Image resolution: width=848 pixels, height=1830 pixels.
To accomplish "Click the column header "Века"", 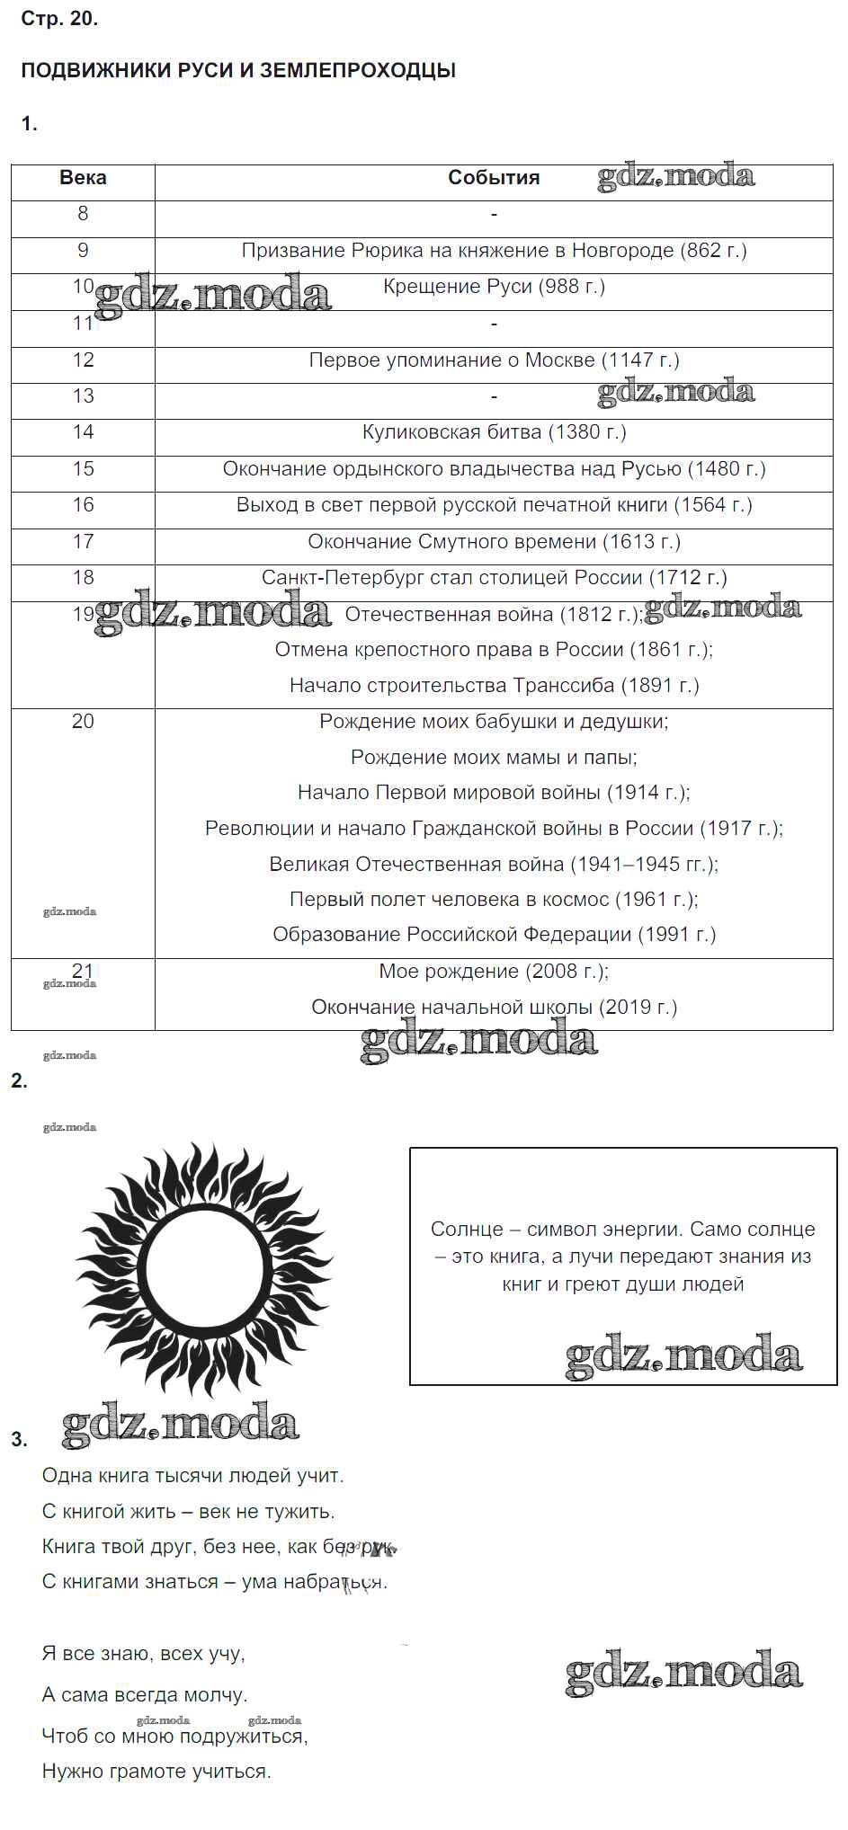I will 83,178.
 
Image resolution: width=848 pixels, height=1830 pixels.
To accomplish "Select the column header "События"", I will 494,178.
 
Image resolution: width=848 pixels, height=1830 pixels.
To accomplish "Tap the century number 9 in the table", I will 83,251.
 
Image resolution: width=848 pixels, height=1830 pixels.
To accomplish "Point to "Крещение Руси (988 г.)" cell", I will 494,287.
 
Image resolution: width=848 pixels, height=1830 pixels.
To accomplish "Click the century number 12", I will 83,360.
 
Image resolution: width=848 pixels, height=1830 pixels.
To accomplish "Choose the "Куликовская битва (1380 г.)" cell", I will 494,432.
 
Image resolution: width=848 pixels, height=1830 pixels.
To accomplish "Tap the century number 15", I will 83,469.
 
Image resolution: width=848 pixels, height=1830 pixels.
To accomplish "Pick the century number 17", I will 83,542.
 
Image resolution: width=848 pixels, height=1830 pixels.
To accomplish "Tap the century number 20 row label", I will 83,722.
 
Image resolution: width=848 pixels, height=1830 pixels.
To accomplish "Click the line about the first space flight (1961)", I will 494,900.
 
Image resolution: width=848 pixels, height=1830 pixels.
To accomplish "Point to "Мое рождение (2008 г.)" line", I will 494,972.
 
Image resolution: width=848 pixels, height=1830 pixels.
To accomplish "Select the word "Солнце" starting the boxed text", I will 461,1230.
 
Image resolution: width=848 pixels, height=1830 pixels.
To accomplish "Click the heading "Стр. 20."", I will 59,19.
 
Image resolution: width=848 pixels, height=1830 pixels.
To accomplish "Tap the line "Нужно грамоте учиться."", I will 156,1772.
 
